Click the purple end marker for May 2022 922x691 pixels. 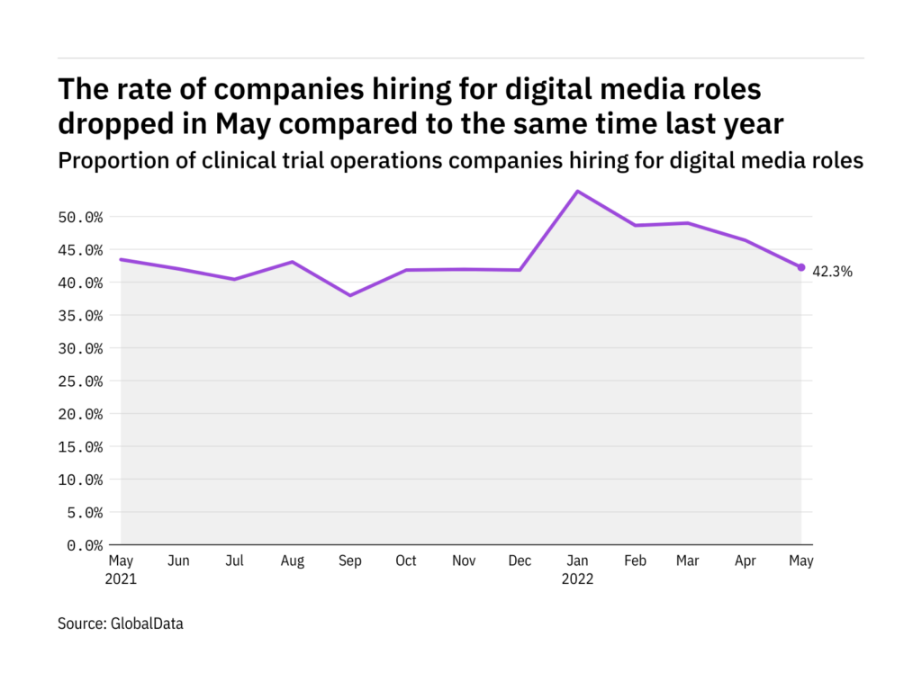coord(801,267)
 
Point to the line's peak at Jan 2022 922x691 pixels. coord(577,191)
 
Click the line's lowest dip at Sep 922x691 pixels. coord(350,295)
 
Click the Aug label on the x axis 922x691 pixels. coord(293,561)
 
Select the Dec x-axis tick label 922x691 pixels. coord(520,561)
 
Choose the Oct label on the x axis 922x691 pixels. coord(406,561)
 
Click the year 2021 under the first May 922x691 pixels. coord(122,579)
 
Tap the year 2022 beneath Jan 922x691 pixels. coord(577,579)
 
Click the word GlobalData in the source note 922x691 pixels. coord(148,623)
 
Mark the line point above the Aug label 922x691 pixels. coord(293,262)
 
